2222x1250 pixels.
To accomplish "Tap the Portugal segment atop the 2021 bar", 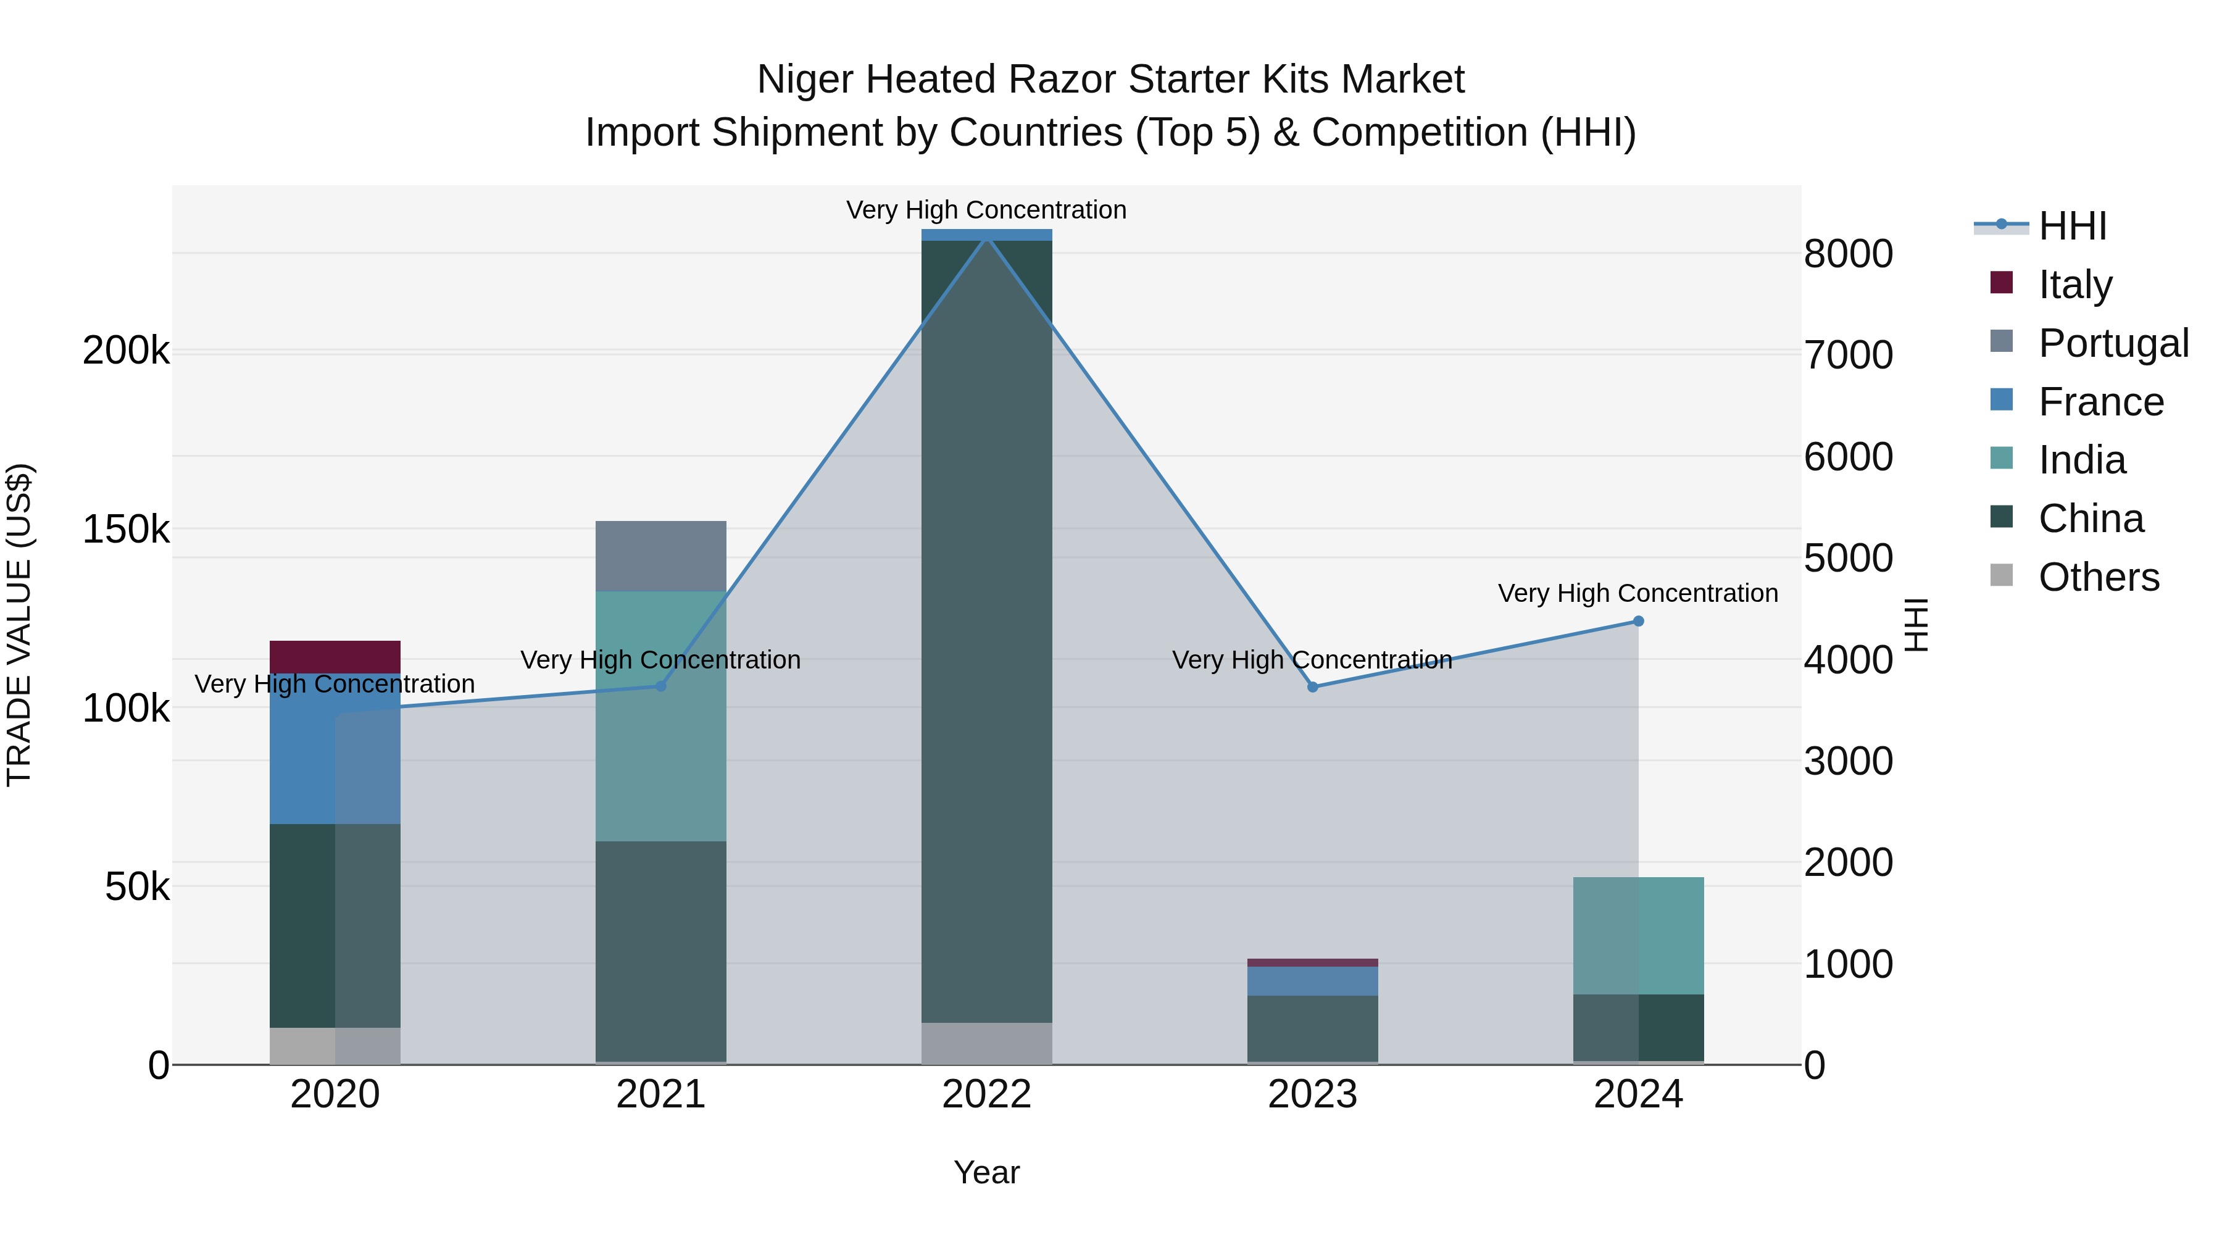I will tap(660, 556).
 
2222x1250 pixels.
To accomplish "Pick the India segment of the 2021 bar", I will tap(660, 715).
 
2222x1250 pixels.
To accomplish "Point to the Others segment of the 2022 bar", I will tap(987, 1043).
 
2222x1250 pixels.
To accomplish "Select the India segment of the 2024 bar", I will tap(1638, 935).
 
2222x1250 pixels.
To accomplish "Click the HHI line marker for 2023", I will tap(1313, 686).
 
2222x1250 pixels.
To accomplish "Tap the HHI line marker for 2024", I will tap(1638, 621).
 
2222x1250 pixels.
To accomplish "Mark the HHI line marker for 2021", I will tap(660, 686).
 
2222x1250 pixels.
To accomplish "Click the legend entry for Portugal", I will tap(2113, 343).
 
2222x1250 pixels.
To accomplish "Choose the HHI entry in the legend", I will tap(2072, 226).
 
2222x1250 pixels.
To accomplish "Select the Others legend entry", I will tap(2098, 577).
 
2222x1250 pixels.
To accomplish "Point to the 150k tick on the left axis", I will tap(126, 529).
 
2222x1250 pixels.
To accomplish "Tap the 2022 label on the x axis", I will tap(987, 1094).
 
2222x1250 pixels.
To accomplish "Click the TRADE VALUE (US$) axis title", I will tap(19, 625).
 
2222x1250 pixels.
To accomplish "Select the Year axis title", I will tap(987, 1172).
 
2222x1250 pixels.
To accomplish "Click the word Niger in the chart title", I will tap(807, 80).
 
